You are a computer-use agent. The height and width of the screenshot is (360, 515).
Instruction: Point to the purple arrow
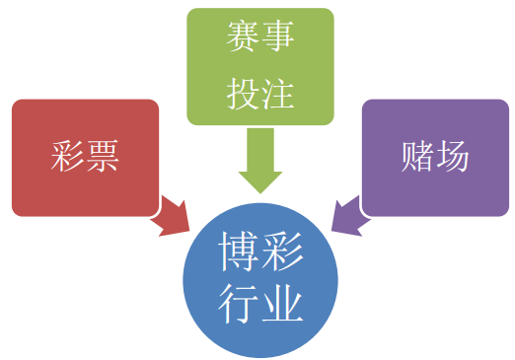(x=347, y=216)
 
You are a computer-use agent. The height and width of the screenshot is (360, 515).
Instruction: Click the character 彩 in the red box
(x=67, y=158)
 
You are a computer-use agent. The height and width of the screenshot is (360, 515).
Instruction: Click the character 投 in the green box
(x=243, y=95)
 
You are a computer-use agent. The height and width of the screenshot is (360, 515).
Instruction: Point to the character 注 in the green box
(x=279, y=95)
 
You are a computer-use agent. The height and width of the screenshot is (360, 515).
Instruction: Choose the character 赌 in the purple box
(x=416, y=158)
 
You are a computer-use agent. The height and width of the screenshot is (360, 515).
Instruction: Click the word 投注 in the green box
(x=260, y=95)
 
